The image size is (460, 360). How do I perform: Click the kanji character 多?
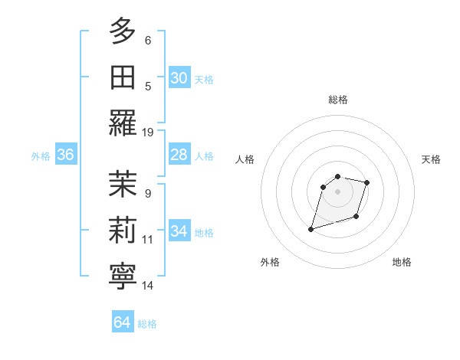point(123,31)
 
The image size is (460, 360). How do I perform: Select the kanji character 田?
point(123,77)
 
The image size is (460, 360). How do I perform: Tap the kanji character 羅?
point(123,123)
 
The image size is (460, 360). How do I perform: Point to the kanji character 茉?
point(123,185)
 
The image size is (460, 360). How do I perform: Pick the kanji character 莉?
point(123,231)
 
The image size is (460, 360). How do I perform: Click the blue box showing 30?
point(179,78)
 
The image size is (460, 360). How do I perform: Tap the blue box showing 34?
point(179,232)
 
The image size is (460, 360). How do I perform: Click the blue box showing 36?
point(66,155)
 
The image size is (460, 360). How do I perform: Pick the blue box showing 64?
point(122,322)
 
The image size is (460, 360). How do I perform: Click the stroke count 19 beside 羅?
point(148,132)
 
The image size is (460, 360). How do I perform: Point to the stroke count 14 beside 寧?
point(148,286)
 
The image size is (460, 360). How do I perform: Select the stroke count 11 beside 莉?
point(148,240)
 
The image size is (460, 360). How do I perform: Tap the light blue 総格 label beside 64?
point(147,324)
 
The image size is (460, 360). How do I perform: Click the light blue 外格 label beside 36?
point(41,156)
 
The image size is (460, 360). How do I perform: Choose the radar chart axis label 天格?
point(432,159)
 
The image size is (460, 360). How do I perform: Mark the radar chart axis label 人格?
point(245,159)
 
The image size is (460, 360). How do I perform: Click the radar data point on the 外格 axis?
point(310,228)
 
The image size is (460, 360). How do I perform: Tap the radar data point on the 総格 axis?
point(337,177)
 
